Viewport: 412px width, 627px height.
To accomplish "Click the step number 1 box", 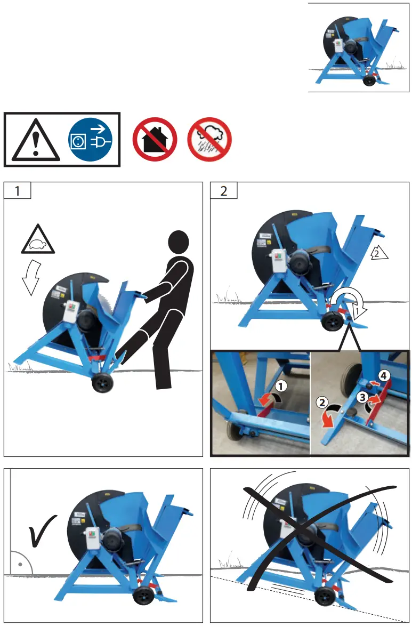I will pyautogui.click(x=17, y=191).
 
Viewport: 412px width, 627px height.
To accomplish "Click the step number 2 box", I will pyautogui.click(x=223, y=191).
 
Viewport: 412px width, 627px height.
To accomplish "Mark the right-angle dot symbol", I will pyautogui.click(x=19, y=563).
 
